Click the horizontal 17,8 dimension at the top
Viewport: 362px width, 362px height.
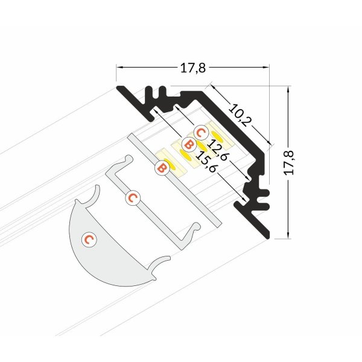pyautogui.click(x=193, y=69)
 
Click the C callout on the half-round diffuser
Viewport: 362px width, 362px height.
pyautogui.click(x=89, y=240)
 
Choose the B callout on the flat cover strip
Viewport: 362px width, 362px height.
pyautogui.click(x=161, y=168)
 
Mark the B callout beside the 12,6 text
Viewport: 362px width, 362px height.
pyautogui.click(x=188, y=145)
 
